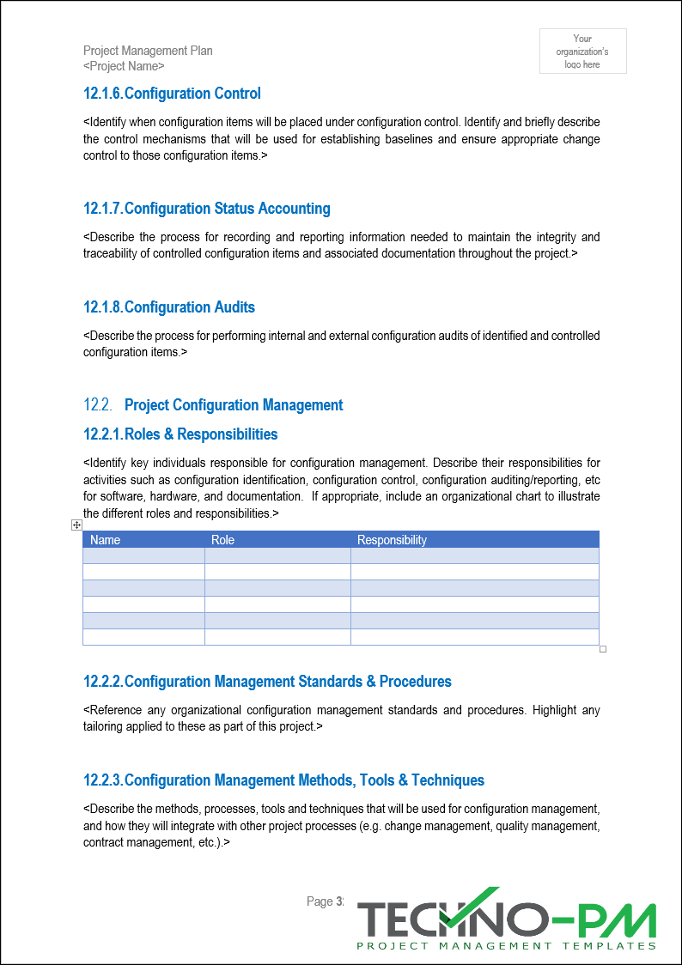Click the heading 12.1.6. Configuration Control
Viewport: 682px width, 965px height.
pyautogui.click(x=172, y=94)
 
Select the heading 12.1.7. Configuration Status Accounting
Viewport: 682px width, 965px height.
pyautogui.click(x=206, y=209)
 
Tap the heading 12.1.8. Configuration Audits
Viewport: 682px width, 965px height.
pyautogui.click(x=169, y=307)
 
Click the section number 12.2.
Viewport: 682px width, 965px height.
pyautogui.click(x=97, y=405)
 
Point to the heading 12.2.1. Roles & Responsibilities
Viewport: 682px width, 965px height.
pyautogui.click(x=180, y=434)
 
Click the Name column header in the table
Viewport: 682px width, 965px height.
pyautogui.click(x=106, y=540)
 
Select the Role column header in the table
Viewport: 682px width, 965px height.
pyautogui.click(x=222, y=540)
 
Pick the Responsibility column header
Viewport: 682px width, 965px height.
pyautogui.click(x=392, y=540)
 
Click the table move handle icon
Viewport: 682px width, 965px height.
pyautogui.click(x=76, y=525)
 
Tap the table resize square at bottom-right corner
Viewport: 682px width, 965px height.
pyautogui.click(x=603, y=649)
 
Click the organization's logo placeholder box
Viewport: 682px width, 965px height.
pyautogui.click(x=582, y=52)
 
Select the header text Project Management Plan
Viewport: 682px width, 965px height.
pyautogui.click(x=148, y=51)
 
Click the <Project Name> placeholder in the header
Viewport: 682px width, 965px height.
pyautogui.click(x=124, y=66)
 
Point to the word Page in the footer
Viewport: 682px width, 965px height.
pyautogui.click(x=320, y=901)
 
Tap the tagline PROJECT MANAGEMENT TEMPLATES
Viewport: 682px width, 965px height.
pyautogui.click(x=506, y=946)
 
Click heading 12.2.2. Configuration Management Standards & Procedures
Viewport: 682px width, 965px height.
pyautogui.click(x=267, y=682)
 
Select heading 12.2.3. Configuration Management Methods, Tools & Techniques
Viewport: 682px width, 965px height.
pyautogui.click(x=283, y=780)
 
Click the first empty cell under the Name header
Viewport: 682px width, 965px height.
pyautogui.click(x=143, y=555)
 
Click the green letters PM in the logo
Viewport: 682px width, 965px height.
pyautogui.click(x=620, y=919)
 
